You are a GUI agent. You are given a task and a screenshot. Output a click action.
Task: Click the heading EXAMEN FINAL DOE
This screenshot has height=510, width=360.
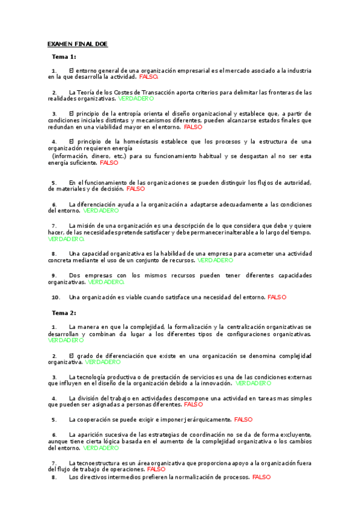(x=78, y=44)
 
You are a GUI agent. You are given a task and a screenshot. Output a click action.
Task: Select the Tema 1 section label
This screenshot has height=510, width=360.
(x=64, y=57)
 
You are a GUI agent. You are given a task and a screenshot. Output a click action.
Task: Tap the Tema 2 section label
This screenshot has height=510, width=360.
(x=64, y=313)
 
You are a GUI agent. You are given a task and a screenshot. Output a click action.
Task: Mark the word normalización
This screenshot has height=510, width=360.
(x=196, y=477)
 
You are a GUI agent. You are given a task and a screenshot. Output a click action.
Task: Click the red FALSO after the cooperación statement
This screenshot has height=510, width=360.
(x=243, y=419)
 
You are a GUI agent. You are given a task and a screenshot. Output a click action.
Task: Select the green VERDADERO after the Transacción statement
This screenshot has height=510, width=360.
(x=136, y=99)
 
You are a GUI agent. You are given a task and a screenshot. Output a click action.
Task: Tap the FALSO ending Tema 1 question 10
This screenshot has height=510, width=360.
(x=277, y=296)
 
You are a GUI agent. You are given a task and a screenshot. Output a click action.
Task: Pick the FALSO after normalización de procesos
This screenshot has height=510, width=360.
(x=262, y=477)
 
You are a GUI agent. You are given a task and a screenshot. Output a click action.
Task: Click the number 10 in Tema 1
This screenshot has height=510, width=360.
(x=55, y=296)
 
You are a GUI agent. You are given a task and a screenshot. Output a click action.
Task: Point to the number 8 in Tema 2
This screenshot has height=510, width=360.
(x=54, y=477)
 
